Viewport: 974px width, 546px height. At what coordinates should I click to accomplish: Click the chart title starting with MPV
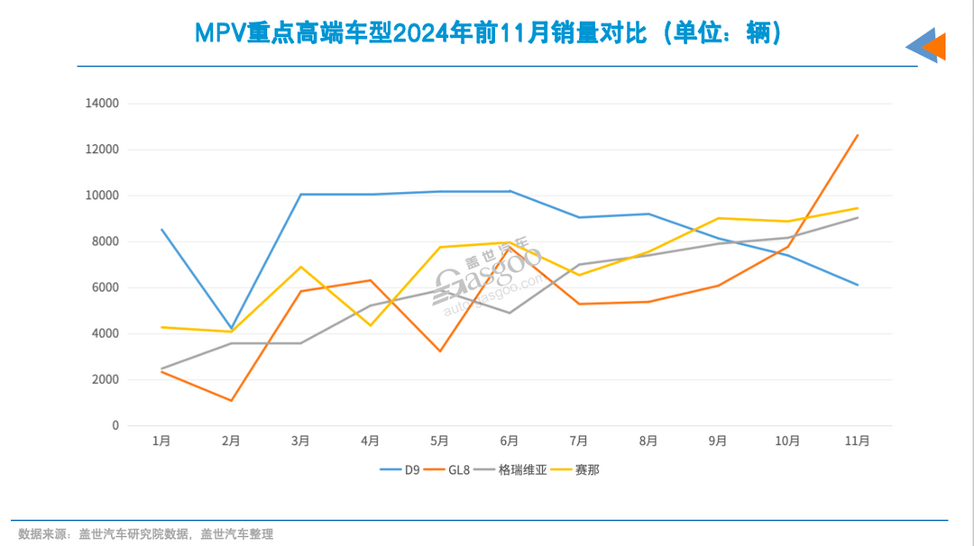click(487, 33)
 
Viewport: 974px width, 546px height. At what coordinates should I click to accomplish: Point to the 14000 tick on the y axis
click(102, 104)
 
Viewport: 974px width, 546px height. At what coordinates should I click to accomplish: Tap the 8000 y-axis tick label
click(105, 241)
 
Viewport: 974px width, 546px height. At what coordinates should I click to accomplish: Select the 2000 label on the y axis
click(105, 379)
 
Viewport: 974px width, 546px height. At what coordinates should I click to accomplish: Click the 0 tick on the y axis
click(115, 425)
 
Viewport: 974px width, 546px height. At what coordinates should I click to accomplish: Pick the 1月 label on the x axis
click(161, 441)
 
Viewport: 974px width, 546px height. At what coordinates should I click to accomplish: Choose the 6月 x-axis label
click(510, 441)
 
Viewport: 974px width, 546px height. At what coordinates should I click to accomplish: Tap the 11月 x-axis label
click(857, 441)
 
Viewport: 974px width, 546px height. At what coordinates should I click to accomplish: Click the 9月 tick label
click(718, 441)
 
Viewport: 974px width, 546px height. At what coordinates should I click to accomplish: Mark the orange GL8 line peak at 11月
click(857, 135)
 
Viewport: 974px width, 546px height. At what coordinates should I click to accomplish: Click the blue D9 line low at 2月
click(232, 328)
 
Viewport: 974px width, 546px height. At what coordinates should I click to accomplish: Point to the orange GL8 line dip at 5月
click(440, 350)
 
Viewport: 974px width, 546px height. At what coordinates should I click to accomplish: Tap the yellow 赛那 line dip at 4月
click(371, 325)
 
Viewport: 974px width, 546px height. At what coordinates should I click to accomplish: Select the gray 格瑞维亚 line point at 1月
click(162, 369)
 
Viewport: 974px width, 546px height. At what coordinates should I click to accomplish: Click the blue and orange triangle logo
click(926, 46)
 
